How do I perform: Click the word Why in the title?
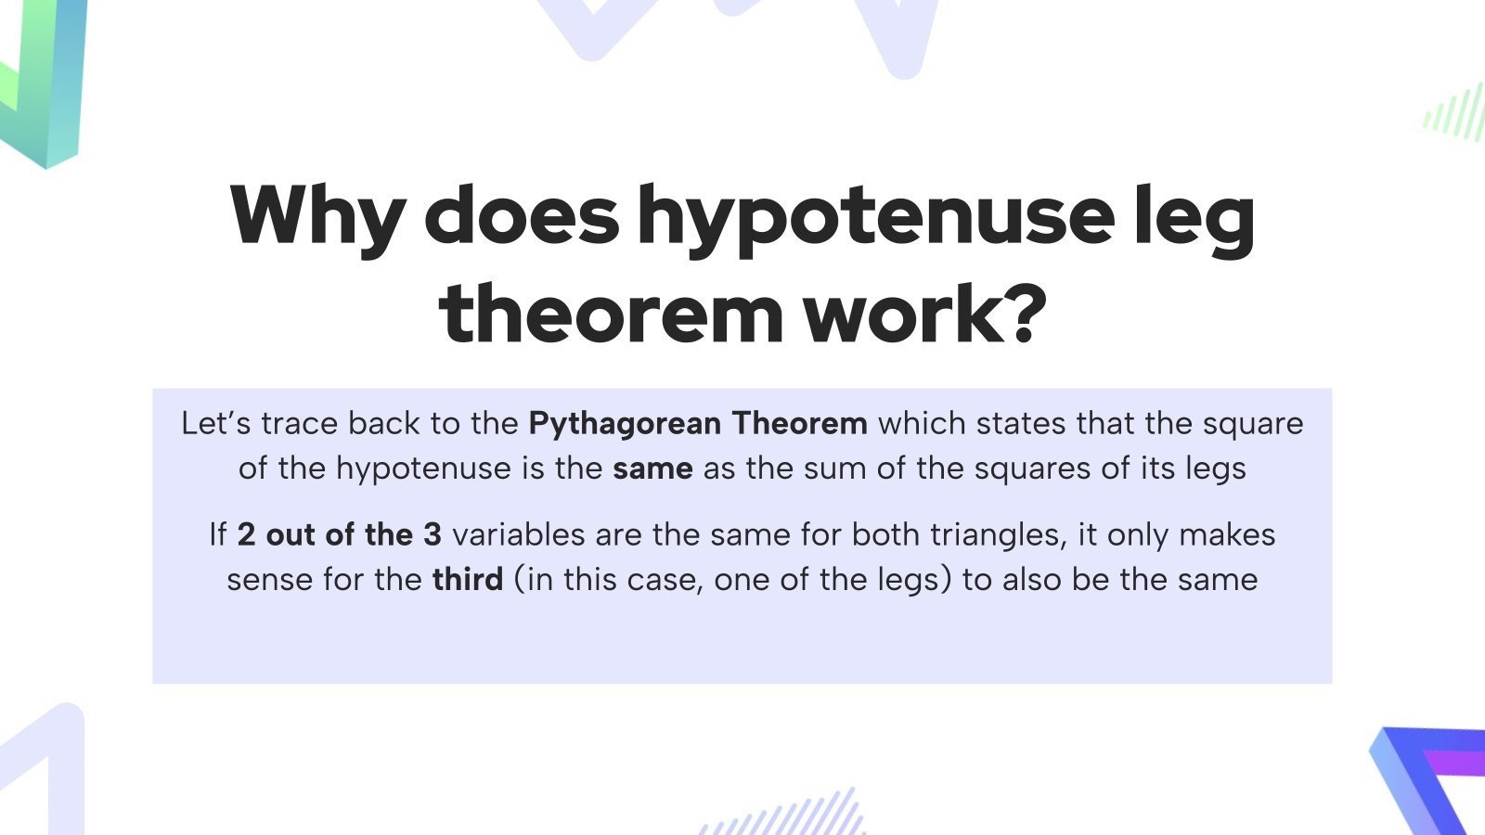pyautogui.click(x=316, y=216)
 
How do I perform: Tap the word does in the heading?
pyautogui.click(x=521, y=216)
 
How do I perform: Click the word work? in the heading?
pyautogui.click(x=924, y=315)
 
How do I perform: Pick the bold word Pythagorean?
pyautogui.click(x=625, y=424)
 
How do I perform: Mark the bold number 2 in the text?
pyautogui.click(x=246, y=534)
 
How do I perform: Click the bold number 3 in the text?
pyautogui.click(x=432, y=534)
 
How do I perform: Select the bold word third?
pyautogui.click(x=467, y=579)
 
